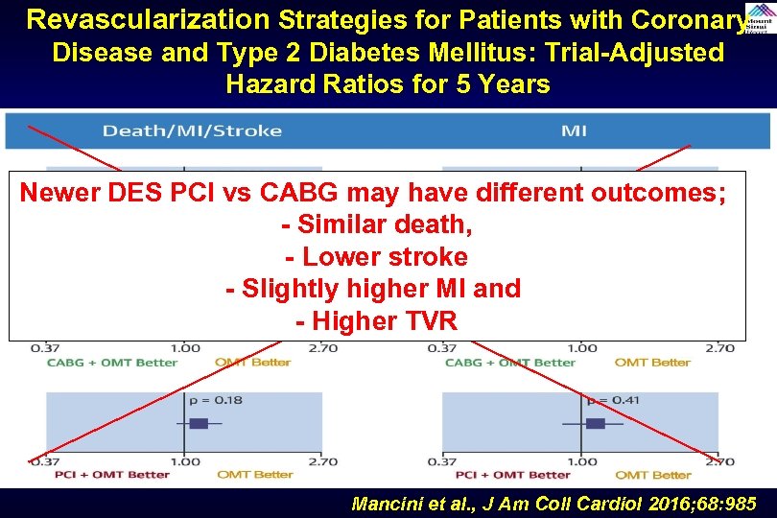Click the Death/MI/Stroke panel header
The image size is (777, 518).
192,130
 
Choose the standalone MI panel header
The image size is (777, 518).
574,130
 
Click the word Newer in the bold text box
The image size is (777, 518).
59,193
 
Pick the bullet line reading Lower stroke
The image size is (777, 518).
377,257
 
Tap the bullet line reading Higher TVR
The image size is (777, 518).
377,321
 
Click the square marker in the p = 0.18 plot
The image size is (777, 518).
199,423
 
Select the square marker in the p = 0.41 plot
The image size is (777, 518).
595,423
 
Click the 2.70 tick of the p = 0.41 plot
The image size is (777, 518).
719,461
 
